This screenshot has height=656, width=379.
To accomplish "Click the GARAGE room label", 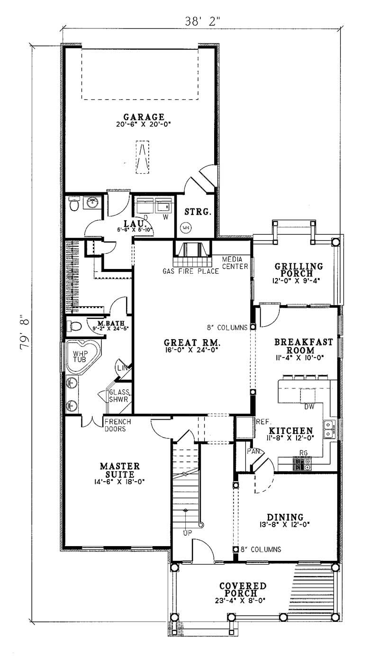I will pyautogui.click(x=144, y=117).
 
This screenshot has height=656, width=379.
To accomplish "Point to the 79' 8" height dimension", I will pyautogui.click(x=25, y=334).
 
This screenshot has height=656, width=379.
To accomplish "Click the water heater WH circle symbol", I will pyautogui.click(x=185, y=228).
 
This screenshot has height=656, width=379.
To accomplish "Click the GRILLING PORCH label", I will pyautogui.click(x=299, y=270).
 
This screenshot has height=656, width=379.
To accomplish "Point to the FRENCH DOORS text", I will pyautogui.click(x=117, y=425).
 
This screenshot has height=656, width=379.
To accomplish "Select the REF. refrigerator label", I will pyautogui.click(x=263, y=421).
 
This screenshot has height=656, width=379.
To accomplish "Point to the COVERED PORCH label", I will pyautogui.click(x=243, y=590).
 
